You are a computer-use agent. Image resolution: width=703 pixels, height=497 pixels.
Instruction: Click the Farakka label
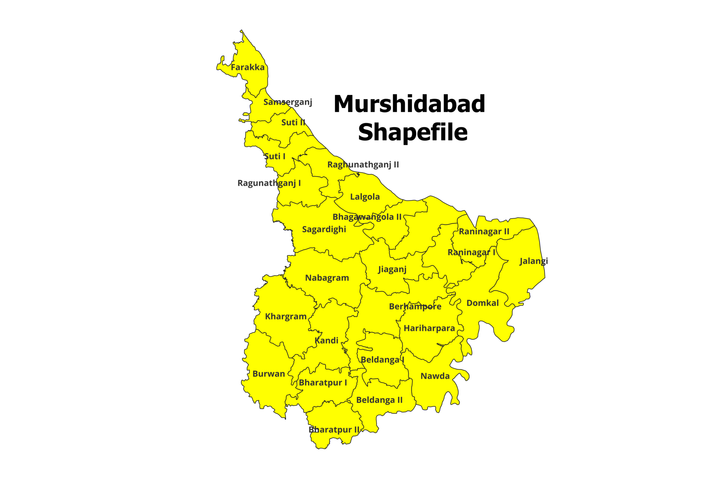[247, 67]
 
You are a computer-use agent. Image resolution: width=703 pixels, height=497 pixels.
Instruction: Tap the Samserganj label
[288, 102]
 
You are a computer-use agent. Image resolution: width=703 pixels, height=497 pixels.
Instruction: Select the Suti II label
[293, 123]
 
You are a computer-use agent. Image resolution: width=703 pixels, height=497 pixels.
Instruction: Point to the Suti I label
[275, 157]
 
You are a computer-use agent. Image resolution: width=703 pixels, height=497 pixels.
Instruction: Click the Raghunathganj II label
[363, 165]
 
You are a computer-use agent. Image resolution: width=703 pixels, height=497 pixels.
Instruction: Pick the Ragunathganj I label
[269, 183]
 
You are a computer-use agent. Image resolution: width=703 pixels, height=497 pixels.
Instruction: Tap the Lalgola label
[365, 197]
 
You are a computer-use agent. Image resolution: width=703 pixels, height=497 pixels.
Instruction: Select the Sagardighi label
[324, 229]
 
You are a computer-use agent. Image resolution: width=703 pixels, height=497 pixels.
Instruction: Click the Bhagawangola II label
[367, 217]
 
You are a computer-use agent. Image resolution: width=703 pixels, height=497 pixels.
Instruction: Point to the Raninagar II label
[484, 232]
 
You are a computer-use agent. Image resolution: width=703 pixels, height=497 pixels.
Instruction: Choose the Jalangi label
[533, 261]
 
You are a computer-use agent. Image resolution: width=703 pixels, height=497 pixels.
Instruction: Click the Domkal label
[482, 303]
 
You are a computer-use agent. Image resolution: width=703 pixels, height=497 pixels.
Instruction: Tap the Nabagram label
[327, 278]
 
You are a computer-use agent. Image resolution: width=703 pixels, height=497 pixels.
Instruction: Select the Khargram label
[286, 316]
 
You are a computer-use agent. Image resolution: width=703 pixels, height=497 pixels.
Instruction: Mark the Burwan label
[268, 374]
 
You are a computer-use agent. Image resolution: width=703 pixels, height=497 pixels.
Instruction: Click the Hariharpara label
[429, 328]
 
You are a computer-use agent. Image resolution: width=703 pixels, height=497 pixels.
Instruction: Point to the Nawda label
[435, 376]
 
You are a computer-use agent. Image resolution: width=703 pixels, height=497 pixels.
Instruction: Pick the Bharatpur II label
[334, 430]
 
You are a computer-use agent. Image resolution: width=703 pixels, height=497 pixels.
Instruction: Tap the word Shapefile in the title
[413, 132]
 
